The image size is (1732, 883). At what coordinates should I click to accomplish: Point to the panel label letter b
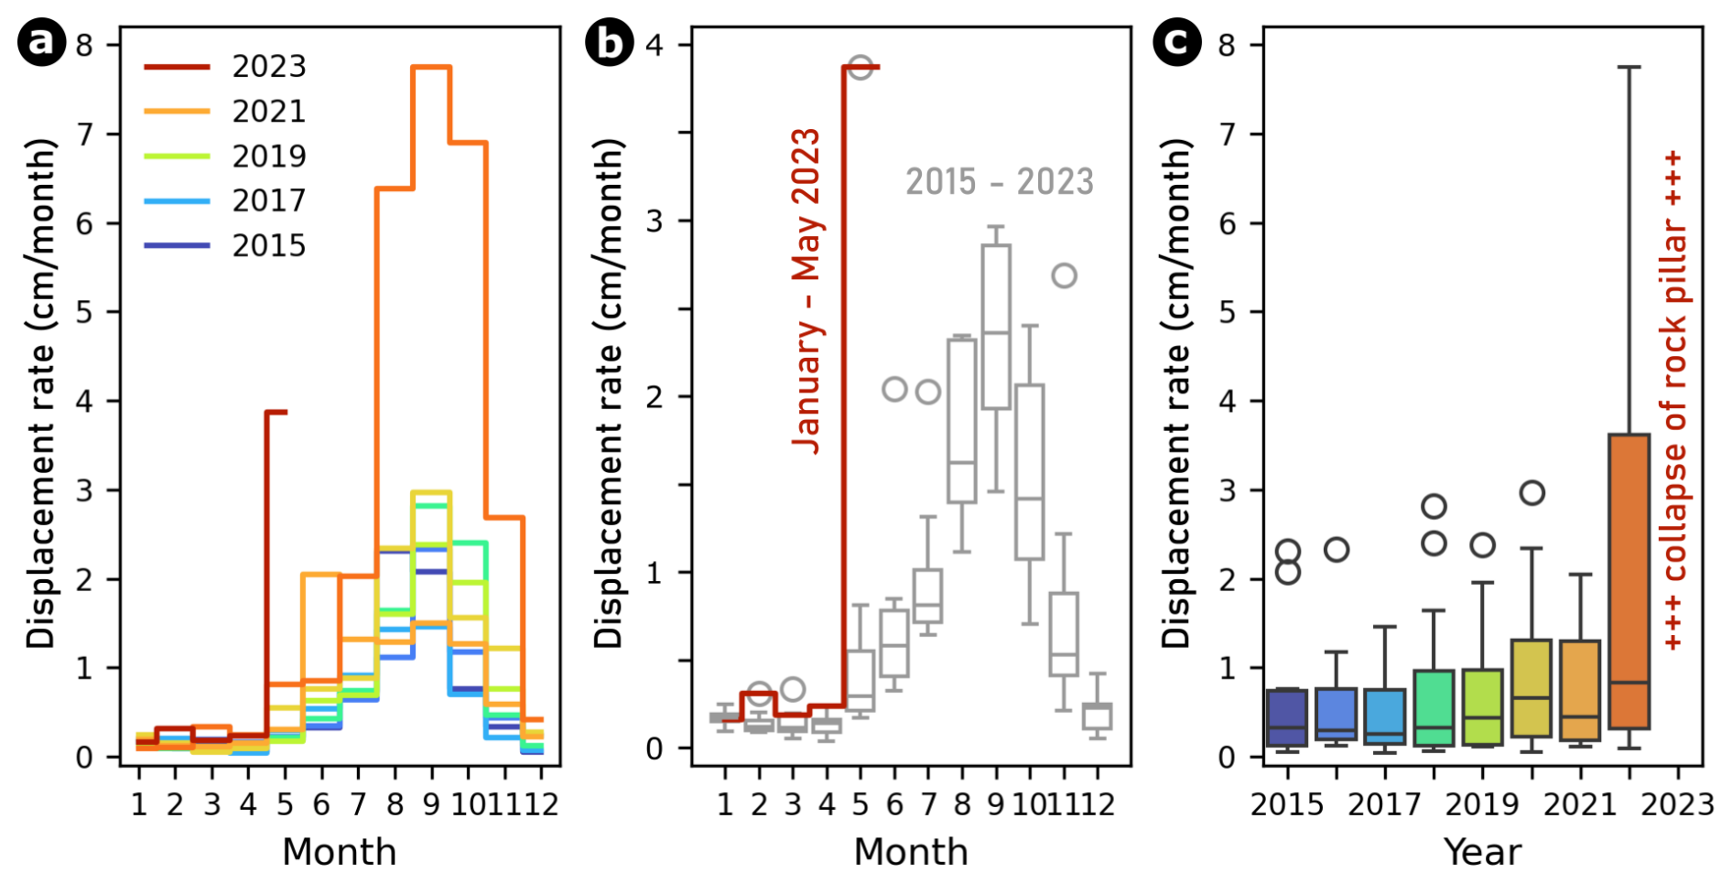tap(610, 42)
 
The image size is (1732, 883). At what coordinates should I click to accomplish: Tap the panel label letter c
tap(1176, 42)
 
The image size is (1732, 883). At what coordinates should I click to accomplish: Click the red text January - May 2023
tap(806, 291)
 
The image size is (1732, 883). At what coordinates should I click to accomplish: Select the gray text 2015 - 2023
tap(1000, 182)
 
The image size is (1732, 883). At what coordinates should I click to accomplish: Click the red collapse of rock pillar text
tap(1672, 401)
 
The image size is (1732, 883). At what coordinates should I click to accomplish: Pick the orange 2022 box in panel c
tap(1629, 581)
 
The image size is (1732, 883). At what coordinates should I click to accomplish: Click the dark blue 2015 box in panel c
tap(1288, 717)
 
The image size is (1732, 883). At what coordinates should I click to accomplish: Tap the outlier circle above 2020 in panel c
tap(1532, 493)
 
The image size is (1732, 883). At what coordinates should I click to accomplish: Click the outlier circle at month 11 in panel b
tap(1064, 275)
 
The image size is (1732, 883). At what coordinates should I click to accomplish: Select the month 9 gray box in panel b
tap(996, 327)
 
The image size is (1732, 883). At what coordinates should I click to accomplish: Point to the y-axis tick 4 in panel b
tap(654, 46)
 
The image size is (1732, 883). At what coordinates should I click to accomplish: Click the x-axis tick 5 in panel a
tap(285, 805)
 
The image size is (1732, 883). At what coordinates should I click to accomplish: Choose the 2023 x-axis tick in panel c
tap(1677, 805)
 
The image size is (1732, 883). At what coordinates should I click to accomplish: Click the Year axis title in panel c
tap(1482, 853)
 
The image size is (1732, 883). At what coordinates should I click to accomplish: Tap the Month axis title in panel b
tap(911, 853)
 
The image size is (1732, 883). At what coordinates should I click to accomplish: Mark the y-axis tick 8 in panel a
tap(84, 46)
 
